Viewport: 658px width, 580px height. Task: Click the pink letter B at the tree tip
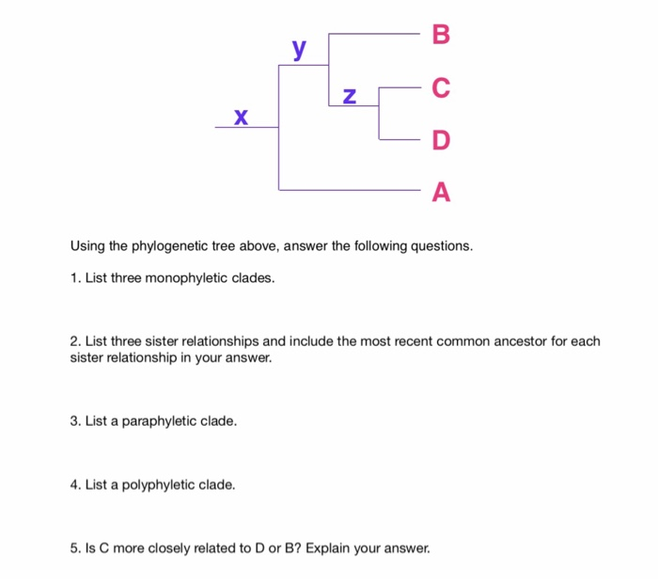[442, 36]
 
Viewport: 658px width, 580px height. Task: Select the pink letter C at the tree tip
[442, 89]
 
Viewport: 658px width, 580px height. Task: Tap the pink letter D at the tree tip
[442, 141]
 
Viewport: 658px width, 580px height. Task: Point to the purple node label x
[241, 116]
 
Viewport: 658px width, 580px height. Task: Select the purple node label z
[350, 95]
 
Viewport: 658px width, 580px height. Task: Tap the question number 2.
[74, 341]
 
